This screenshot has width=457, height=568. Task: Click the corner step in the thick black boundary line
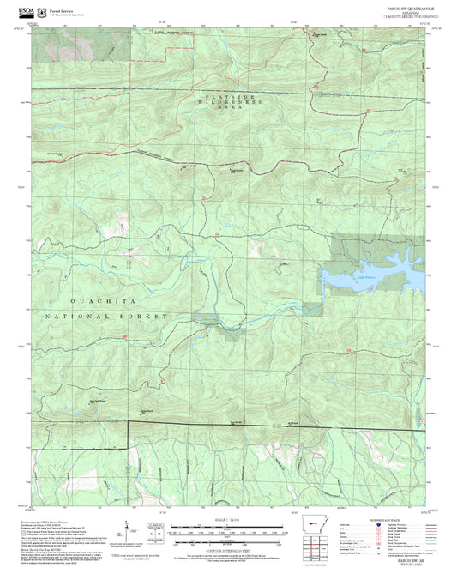[129, 423]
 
